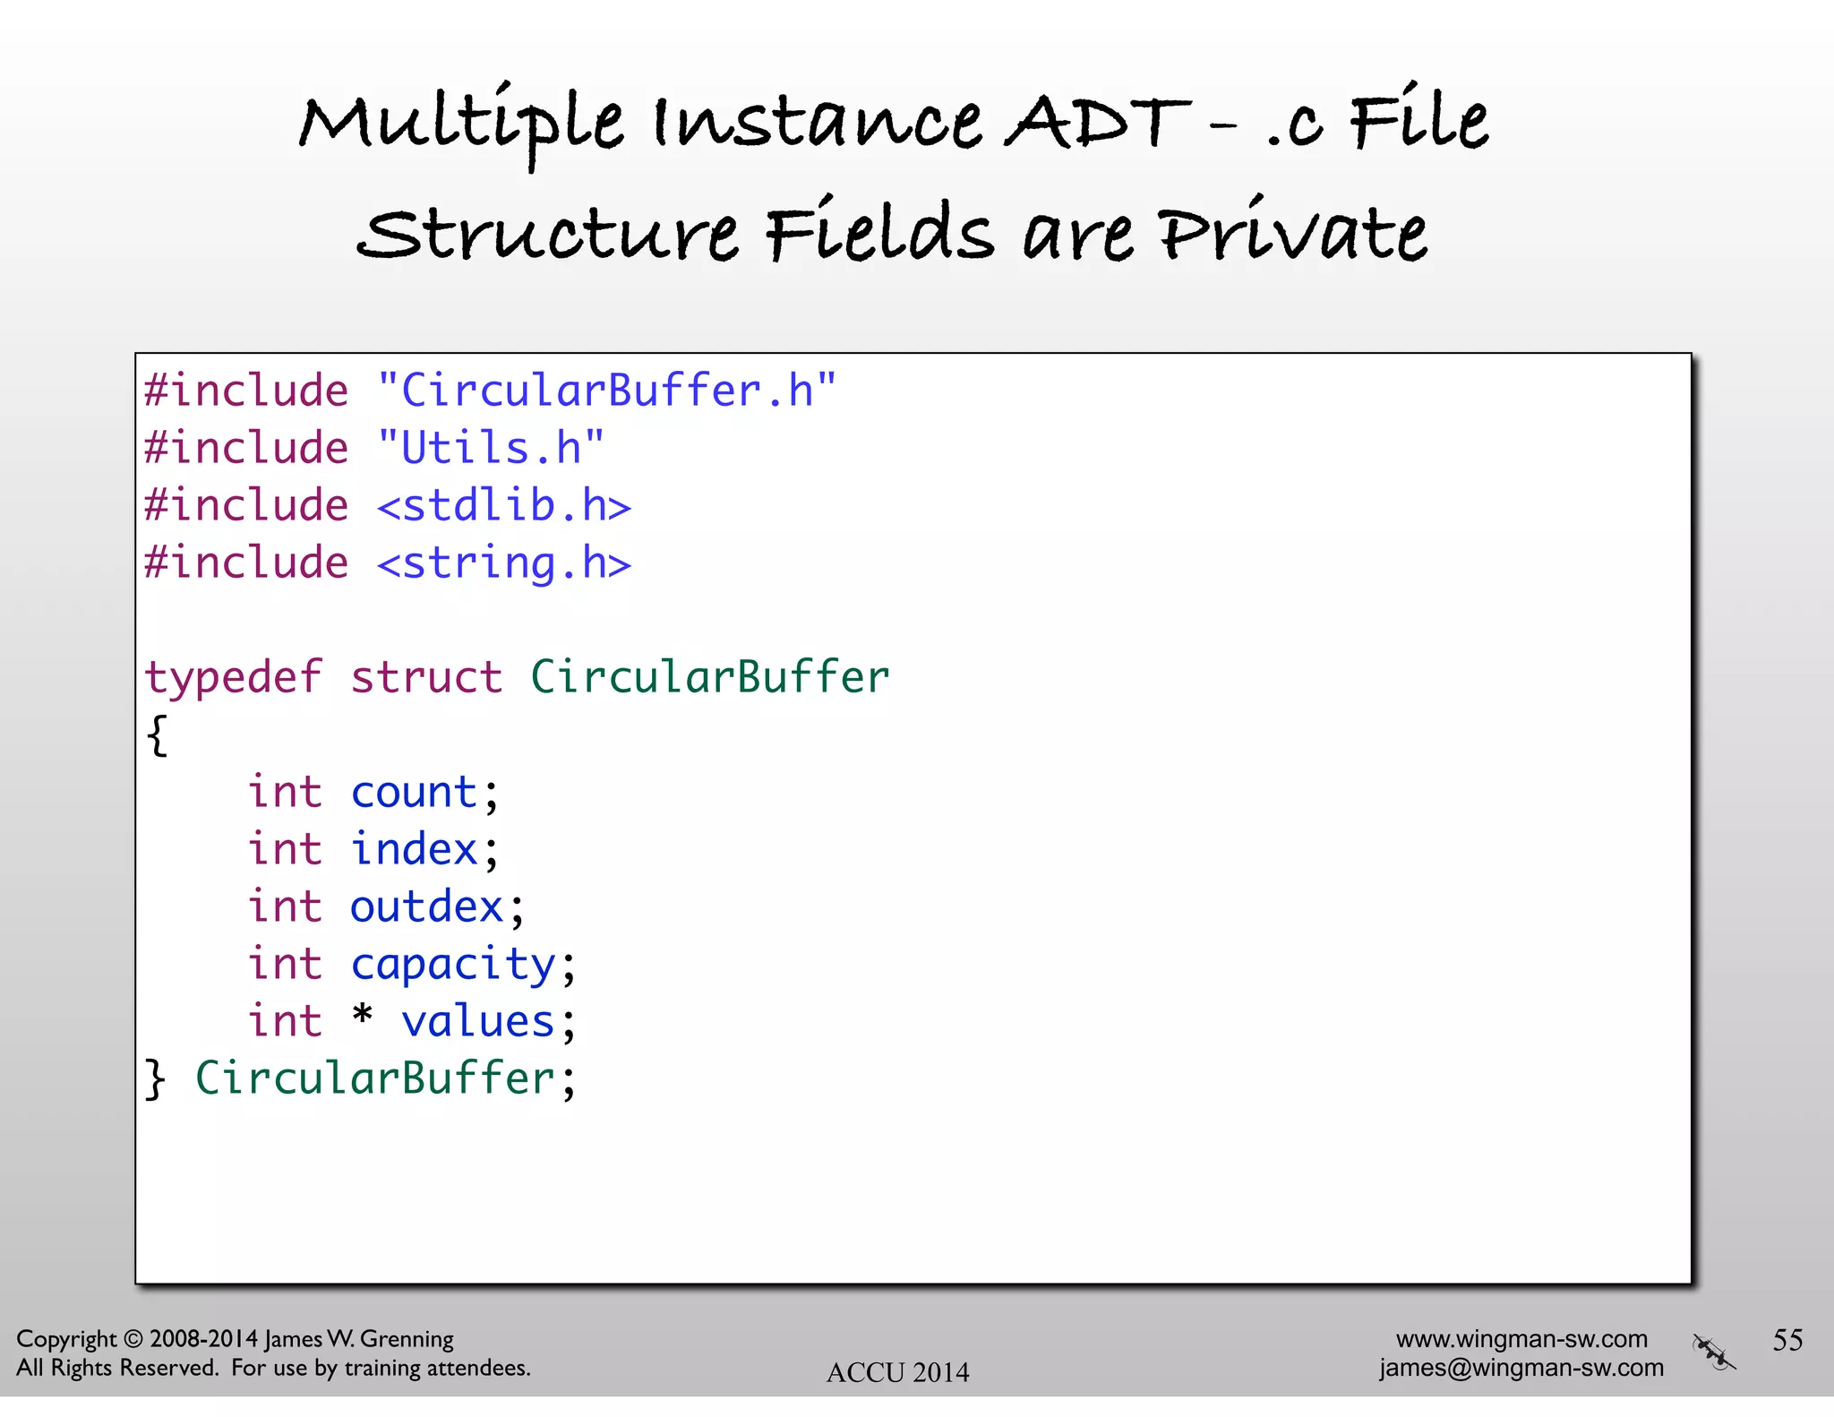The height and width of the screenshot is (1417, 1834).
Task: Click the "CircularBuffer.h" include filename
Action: point(607,391)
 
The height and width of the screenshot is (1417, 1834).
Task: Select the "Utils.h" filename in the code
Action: point(491,448)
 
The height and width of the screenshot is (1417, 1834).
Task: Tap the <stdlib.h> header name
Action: point(504,506)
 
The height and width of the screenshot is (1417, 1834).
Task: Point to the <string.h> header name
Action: point(504,564)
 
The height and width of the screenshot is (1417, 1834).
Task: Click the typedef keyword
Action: point(234,678)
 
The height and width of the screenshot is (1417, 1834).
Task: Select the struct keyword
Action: point(426,678)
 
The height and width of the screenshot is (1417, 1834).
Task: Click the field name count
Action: point(414,793)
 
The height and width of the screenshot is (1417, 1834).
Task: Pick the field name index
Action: point(414,850)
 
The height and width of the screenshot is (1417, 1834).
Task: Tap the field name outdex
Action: point(426,907)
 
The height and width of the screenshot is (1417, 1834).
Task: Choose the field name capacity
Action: point(453,966)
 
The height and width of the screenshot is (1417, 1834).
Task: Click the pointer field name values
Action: point(478,1022)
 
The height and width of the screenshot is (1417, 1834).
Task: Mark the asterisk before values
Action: point(362,1017)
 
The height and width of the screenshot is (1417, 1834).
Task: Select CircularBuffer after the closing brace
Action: point(375,1078)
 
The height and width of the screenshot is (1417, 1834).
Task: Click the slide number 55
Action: point(1787,1340)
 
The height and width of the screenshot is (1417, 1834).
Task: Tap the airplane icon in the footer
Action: point(1713,1352)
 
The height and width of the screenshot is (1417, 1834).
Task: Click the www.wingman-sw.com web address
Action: point(1521,1339)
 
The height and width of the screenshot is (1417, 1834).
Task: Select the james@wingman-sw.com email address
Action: point(1521,1368)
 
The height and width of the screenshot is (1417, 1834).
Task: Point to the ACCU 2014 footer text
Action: point(897,1372)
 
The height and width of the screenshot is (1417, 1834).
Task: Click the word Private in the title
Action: point(1292,235)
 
